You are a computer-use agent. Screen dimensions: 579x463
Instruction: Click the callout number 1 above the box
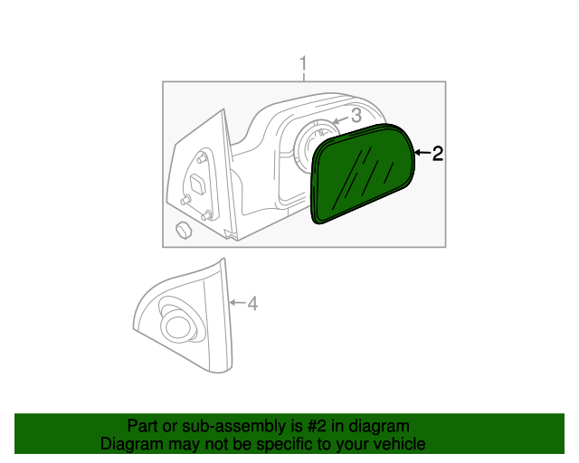304,63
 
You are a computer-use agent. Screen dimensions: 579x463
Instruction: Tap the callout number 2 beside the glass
437,154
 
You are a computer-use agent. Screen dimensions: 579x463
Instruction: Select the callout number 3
356,116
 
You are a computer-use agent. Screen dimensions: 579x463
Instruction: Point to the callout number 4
252,304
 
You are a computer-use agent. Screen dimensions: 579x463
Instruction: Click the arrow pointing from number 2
422,154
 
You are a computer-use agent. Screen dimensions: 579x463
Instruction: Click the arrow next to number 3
340,118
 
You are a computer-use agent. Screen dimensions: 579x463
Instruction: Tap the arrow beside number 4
237,302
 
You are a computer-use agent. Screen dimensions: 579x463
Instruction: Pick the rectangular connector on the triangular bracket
198,184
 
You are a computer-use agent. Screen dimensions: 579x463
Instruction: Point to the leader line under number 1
304,77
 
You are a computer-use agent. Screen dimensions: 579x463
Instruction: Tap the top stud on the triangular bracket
202,158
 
